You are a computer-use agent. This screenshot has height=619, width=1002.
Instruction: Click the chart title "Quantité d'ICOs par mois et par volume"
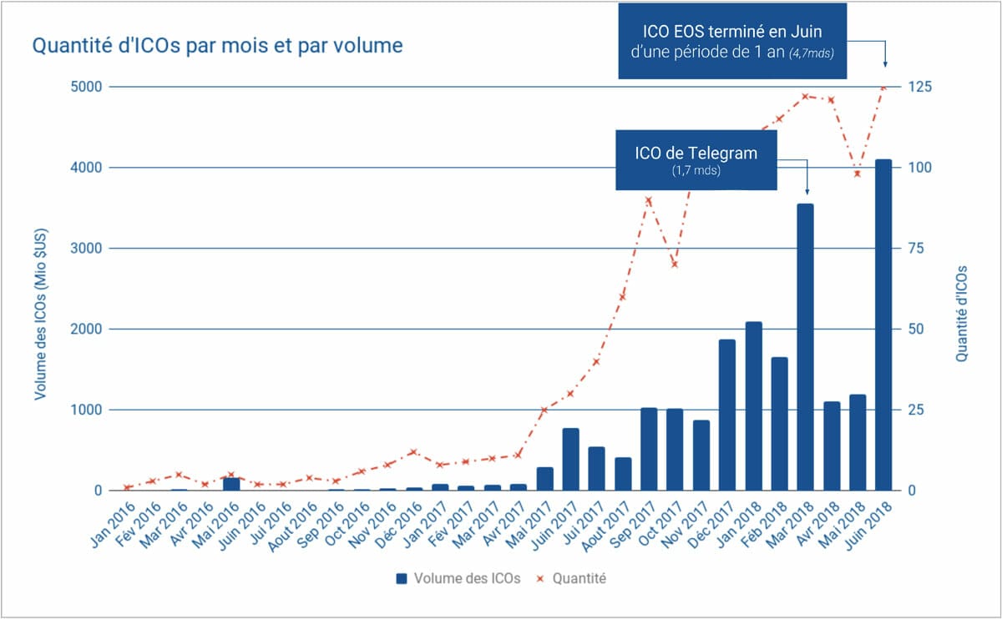coord(217,45)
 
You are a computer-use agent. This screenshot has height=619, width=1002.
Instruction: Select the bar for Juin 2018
coord(883,325)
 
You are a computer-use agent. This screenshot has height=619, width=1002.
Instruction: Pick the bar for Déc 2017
coord(727,415)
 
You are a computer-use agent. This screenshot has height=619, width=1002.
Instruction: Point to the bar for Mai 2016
coord(231,484)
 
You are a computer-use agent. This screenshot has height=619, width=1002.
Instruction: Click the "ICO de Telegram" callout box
coord(696,159)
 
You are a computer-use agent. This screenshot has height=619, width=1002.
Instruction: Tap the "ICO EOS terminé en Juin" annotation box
coord(732,41)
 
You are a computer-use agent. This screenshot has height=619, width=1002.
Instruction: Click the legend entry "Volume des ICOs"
coord(458,578)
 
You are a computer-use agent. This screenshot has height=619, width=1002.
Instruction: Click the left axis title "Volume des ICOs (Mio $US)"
coord(39,289)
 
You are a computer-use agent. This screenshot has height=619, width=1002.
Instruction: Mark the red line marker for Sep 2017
coord(649,200)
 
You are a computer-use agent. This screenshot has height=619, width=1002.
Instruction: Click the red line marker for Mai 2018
coord(857,174)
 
